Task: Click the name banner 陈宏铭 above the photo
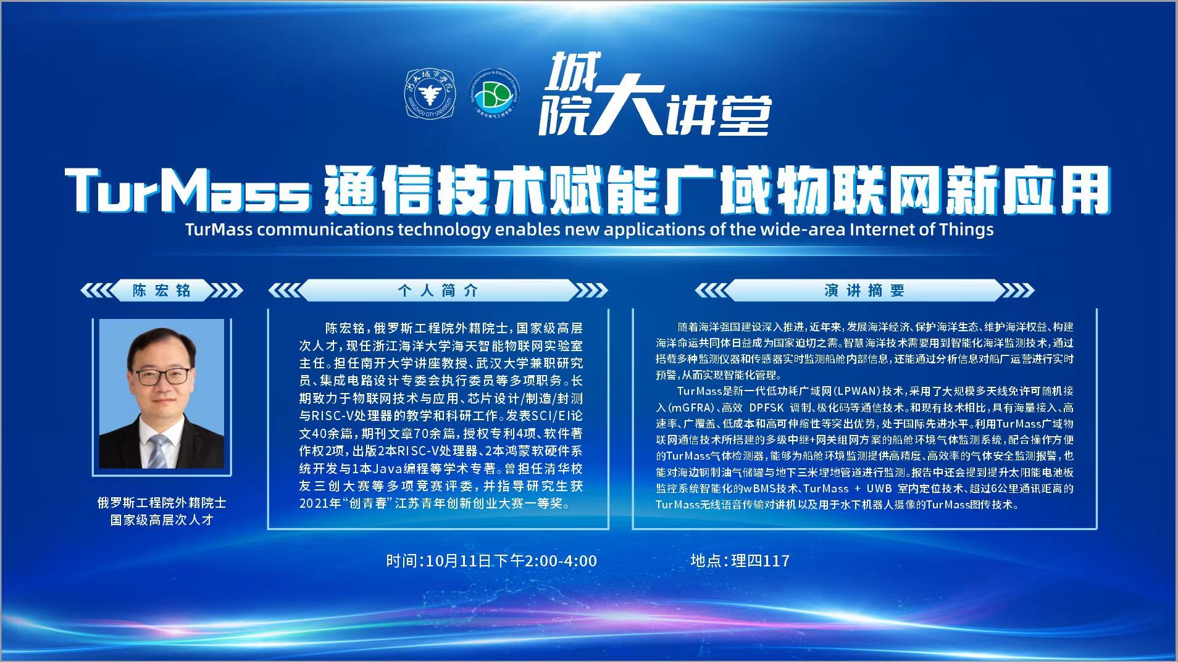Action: pos(162,290)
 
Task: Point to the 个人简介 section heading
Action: pos(438,290)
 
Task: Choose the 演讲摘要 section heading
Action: pos(864,290)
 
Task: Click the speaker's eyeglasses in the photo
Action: pos(162,376)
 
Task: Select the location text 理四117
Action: pos(761,561)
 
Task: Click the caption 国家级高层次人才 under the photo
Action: pos(162,519)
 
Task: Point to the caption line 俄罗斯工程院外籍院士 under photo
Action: pos(162,503)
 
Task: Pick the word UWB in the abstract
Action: pos(879,489)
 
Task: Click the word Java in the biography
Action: pos(385,468)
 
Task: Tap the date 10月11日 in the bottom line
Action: pos(459,561)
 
